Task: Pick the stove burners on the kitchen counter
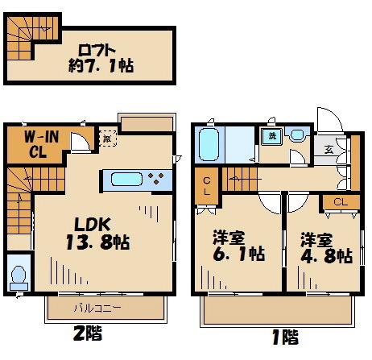pos(157,179)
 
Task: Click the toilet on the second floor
pos(18,276)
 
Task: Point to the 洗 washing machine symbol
pos(272,135)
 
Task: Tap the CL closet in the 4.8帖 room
pos(339,202)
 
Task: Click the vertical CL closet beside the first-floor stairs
pos(207,187)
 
